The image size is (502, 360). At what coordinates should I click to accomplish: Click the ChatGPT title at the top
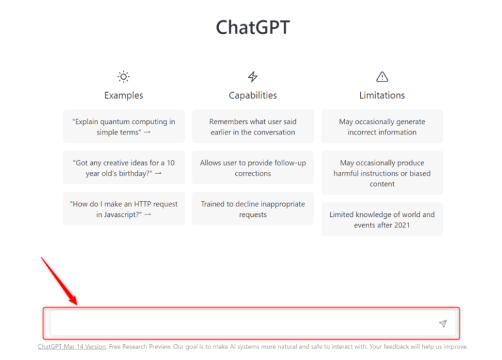[252, 27]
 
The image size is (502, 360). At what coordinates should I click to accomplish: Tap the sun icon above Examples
[124, 76]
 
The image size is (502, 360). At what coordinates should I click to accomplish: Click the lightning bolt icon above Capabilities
[253, 76]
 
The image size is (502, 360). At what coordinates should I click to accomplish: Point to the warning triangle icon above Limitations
[382, 76]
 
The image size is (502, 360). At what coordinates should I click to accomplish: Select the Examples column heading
[124, 95]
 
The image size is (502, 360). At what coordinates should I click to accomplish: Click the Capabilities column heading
[253, 95]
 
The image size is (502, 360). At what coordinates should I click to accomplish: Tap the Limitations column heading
[382, 95]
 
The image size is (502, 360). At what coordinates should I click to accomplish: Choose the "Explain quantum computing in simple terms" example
[124, 127]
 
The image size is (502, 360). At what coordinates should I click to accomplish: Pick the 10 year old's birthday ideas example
[124, 168]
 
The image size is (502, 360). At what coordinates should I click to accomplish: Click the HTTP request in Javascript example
[124, 209]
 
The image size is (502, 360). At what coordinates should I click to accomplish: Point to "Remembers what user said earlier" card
[253, 127]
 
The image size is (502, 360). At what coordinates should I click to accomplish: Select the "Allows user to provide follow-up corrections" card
[253, 168]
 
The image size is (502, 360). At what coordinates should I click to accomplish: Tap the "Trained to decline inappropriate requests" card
[253, 209]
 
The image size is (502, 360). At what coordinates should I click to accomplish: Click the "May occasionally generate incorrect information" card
[382, 127]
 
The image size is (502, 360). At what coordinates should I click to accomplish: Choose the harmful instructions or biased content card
[382, 173]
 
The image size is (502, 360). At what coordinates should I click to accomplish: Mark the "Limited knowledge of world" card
[382, 220]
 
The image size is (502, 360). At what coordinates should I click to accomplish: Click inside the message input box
[242, 323]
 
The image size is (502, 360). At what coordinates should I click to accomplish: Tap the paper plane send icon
[443, 323]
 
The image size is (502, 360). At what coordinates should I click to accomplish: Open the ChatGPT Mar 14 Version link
[72, 347]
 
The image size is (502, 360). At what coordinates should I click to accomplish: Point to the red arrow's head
[76, 303]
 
